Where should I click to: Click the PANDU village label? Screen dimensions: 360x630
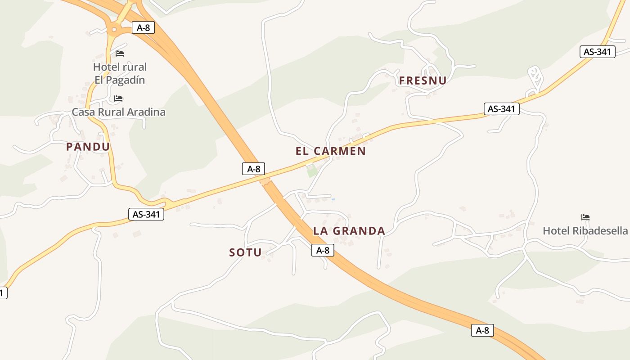point(88,147)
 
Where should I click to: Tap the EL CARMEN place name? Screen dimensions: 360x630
point(331,151)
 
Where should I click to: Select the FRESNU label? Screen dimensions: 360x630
point(423,81)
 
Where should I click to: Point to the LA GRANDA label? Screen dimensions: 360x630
point(349,231)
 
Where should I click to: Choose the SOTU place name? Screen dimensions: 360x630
point(245,253)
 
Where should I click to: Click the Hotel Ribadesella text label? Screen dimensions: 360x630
point(585,231)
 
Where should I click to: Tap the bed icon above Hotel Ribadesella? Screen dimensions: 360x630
point(585,217)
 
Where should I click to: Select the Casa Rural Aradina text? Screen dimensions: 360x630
point(119,112)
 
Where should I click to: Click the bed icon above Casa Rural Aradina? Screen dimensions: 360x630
point(118,98)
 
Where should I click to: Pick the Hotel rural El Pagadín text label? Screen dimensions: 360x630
point(120,73)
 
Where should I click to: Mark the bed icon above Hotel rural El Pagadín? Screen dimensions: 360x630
point(120,53)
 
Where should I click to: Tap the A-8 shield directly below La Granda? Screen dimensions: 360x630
point(323,250)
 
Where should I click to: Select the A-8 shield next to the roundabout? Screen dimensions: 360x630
point(144,27)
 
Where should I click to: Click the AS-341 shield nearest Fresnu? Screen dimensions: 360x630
point(501,109)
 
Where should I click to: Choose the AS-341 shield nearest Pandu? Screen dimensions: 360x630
point(146,214)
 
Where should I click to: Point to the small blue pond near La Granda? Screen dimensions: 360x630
point(333,199)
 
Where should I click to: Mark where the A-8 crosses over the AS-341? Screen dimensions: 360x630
point(265,181)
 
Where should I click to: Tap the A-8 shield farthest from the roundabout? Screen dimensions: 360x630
point(482,330)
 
